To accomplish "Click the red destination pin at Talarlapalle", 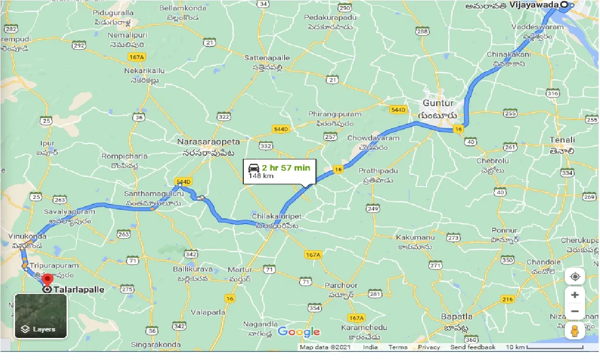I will pos(47,280).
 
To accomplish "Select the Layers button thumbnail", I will pos(41,315).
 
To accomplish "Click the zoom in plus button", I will pos(575,295).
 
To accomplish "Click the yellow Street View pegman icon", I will pos(575,330).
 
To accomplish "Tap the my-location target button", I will pos(575,277).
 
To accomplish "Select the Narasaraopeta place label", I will pos(209,142).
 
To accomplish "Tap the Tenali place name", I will pos(562,140).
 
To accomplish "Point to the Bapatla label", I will pos(457,316).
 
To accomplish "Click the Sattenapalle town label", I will pos(267,58).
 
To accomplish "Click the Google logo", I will pos(299,332).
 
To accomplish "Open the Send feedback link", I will pos(472,347).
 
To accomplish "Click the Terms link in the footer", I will pos(397,347).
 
